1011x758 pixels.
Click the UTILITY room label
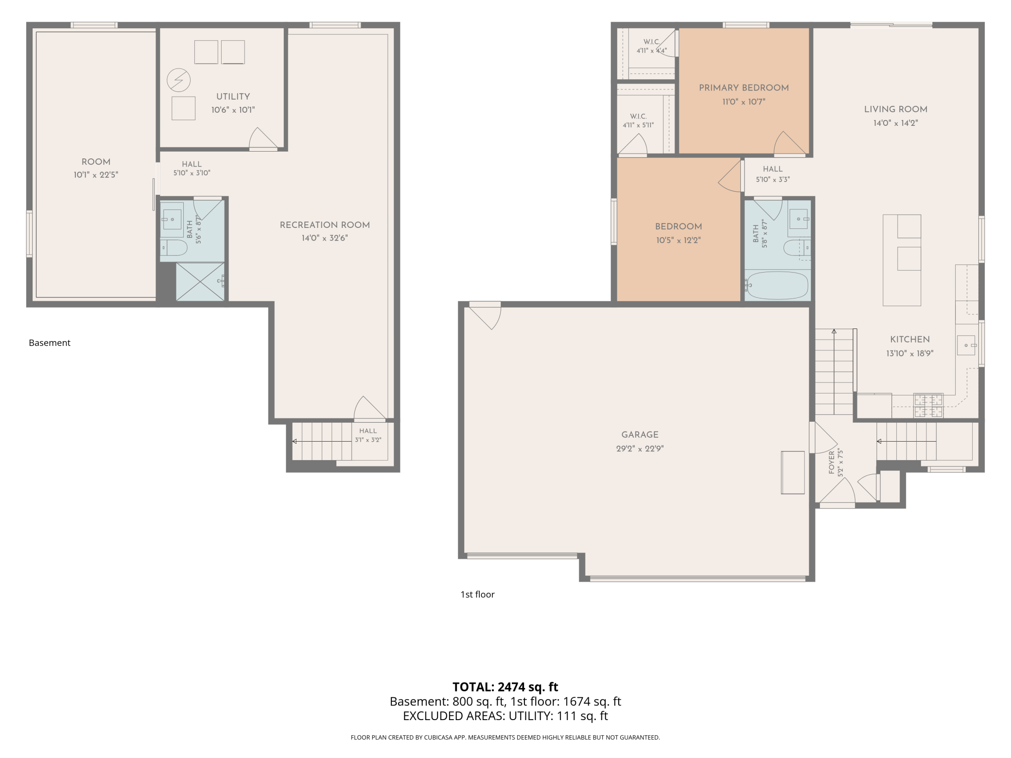coord(233,97)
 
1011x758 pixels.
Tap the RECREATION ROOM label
coord(325,225)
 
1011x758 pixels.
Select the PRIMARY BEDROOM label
coord(744,88)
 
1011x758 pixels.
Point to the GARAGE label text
coord(640,435)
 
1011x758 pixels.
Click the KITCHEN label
coord(910,340)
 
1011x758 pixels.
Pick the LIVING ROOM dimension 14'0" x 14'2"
coord(895,123)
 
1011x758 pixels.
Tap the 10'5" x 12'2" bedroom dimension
coord(678,241)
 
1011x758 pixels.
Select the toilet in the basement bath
coord(174,247)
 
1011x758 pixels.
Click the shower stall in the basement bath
coord(200,282)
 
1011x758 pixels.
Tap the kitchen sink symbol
coord(966,345)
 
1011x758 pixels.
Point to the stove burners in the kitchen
coord(928,406)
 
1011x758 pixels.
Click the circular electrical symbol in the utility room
coord(178,80)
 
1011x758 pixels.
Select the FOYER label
coord(832,462)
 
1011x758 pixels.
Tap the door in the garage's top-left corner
coord(485,316)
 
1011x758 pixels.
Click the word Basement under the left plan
coord(50,343)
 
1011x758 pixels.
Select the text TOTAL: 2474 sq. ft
coord(505,687)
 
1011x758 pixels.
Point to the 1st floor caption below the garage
coord(478,595)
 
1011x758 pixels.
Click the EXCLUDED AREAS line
coord(505,716)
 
